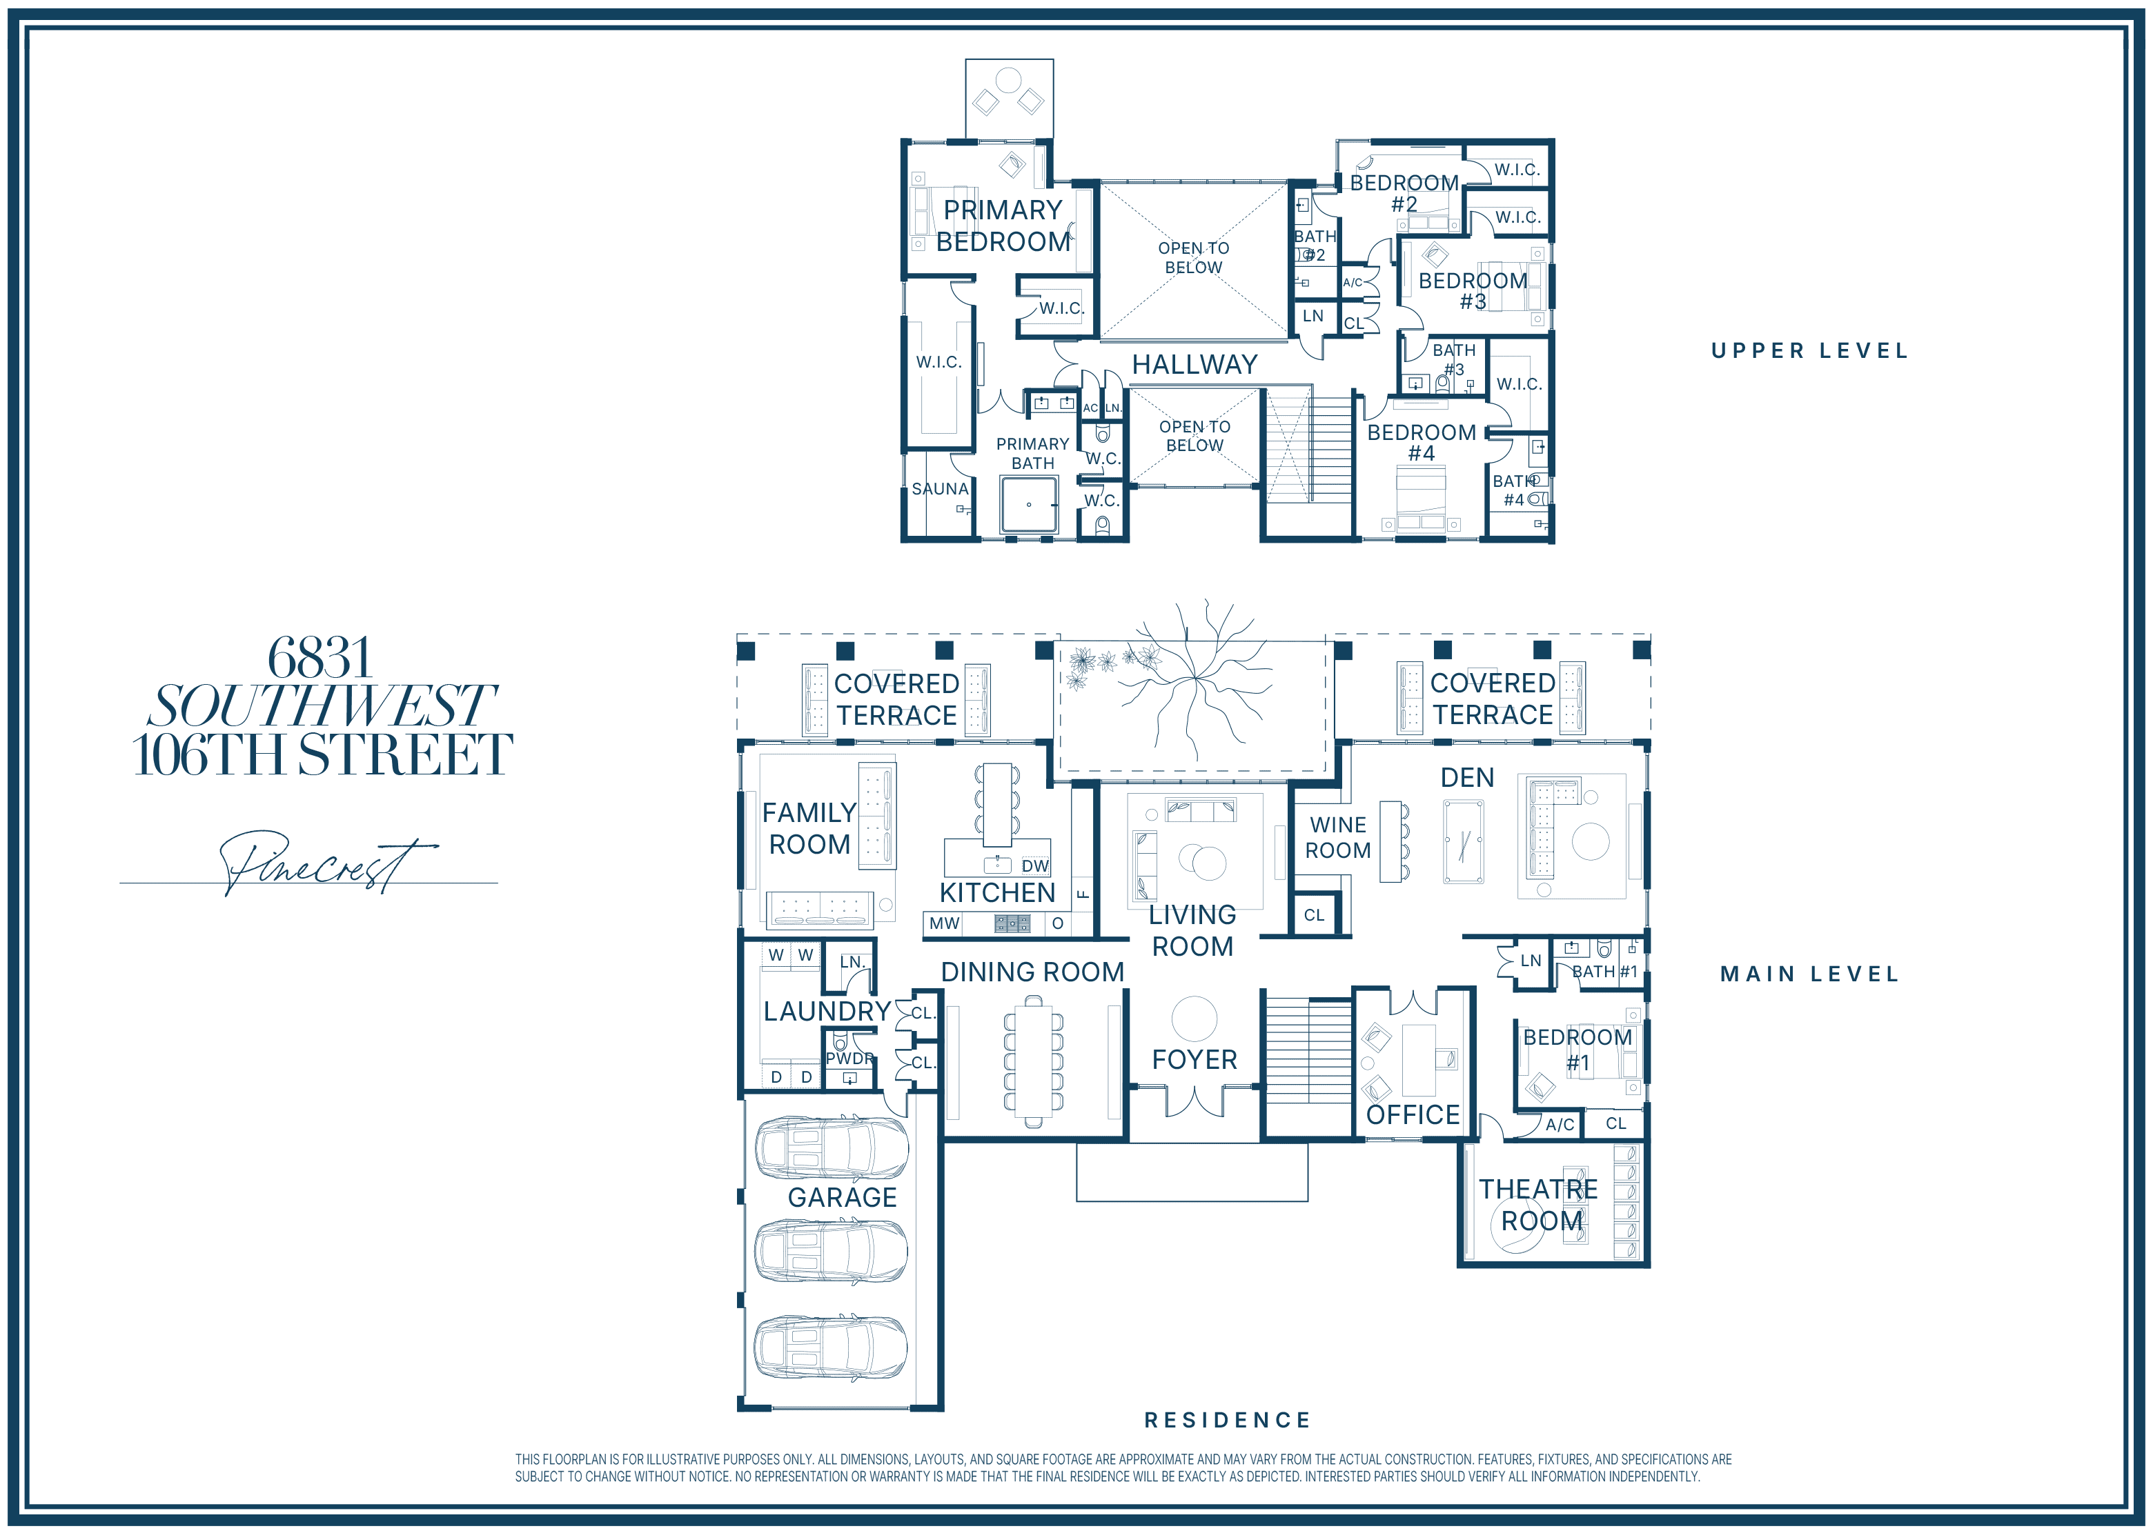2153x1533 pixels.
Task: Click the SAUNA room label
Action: click(940, 489)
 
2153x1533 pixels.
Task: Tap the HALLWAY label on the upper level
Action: click(1195, 364)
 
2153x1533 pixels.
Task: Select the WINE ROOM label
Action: click(1338, 837)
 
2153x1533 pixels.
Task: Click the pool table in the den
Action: click(1463, 842)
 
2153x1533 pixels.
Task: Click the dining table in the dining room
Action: click(1033, 1060)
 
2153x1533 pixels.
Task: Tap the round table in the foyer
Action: click(1195, 1019)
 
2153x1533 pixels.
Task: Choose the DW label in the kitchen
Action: click(1035, 865)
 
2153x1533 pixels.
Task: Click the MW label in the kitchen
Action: click(944, 923)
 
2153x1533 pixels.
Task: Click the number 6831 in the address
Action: click(320, 657)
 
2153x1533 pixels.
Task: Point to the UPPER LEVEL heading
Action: click(1809, 351)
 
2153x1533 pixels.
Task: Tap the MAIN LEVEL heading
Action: click(1809, 974)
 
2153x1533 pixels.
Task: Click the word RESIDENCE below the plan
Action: click(1228, 1420)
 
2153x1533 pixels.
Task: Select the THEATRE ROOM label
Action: click(1540, 1205)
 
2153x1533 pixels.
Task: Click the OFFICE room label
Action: click(1413, 1115)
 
